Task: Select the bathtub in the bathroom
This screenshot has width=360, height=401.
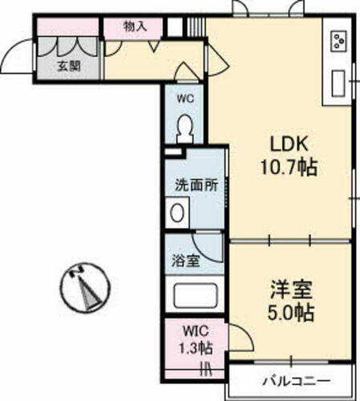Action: tap(195, 296)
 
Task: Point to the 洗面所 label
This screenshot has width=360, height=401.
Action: tap(196, 184)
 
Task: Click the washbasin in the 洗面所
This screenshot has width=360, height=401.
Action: tap(178, 213)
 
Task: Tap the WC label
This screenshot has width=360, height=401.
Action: tap(185, 99)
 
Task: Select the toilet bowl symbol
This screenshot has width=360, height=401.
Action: tap(185, 128)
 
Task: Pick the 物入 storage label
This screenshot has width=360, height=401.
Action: tap(135, 26)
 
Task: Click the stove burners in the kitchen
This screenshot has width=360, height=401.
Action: tap(338, 39)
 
